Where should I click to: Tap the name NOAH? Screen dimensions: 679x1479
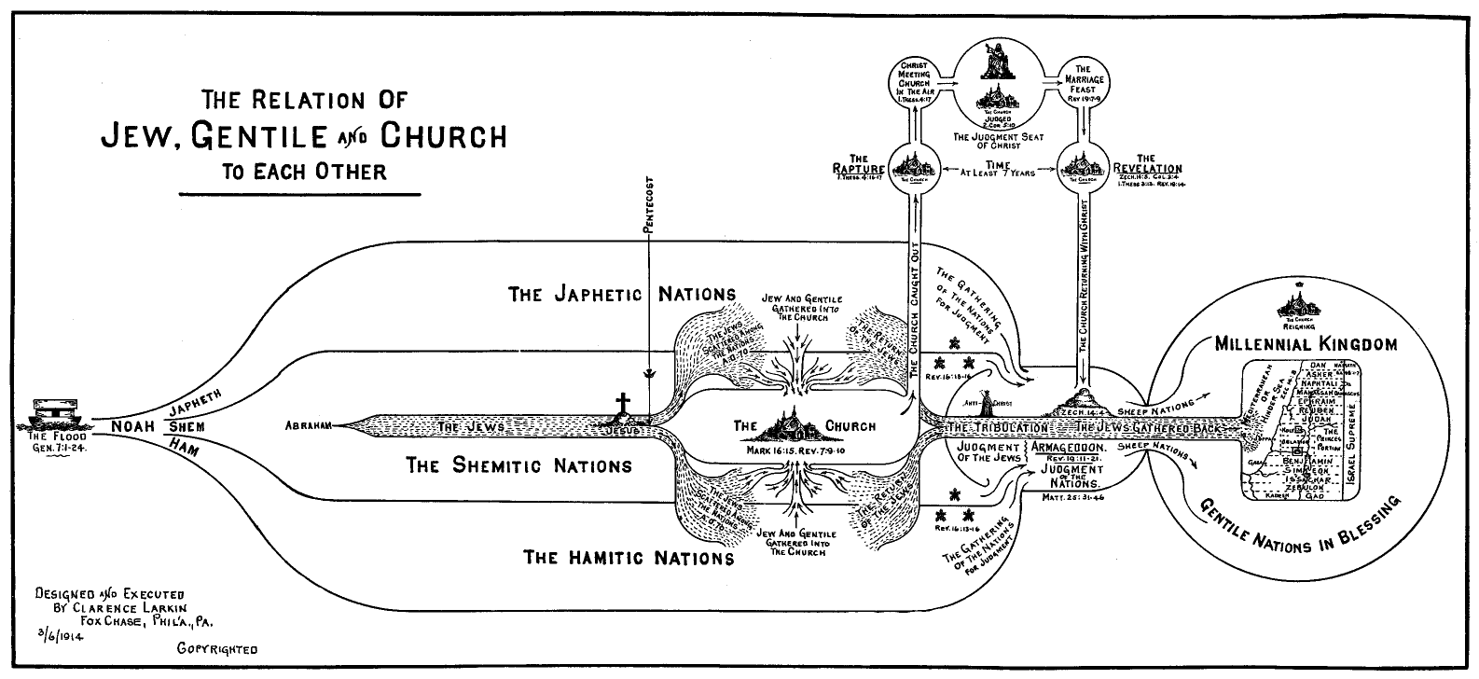click(132, 426)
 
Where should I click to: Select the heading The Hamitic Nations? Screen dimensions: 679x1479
click(629, 559)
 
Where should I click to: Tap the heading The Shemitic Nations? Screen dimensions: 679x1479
click(518, 465)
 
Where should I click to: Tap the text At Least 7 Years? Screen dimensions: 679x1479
click(1000, 173)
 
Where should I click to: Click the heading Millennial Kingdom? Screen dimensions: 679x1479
click(1306, 344)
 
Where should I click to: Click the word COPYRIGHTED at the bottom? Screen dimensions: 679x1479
click(216, 648)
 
